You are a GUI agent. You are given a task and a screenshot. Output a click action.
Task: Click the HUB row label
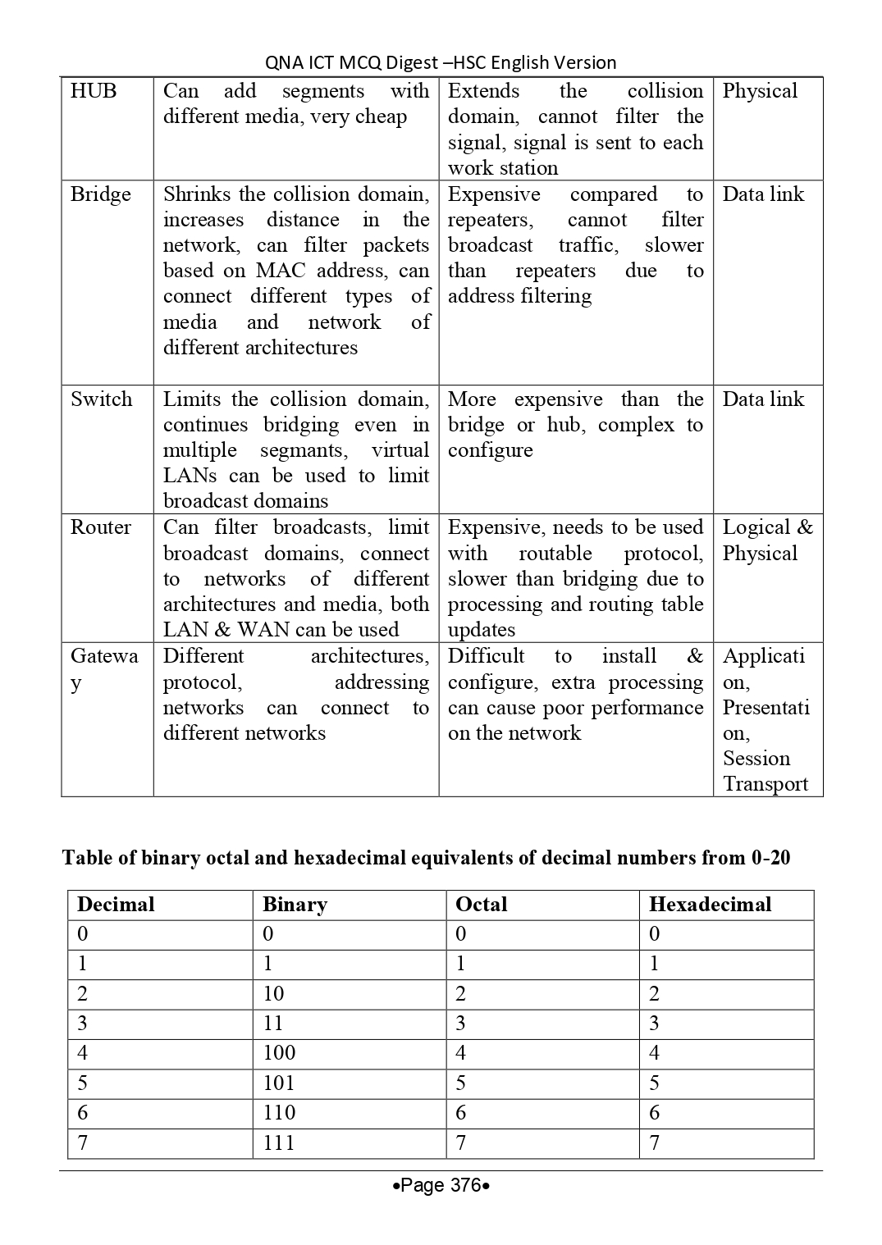pos(94,91)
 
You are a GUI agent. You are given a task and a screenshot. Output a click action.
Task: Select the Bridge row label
pos(101,194)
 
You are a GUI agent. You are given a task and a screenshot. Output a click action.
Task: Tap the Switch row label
pos(101,399)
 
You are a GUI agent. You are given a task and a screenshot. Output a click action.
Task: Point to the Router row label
pos(101,527)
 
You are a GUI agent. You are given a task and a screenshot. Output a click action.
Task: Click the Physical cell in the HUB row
pos(760,91)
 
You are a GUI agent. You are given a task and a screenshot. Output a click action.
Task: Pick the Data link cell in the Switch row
pos(763,399)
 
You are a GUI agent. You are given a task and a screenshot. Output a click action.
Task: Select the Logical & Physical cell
pos(767,540)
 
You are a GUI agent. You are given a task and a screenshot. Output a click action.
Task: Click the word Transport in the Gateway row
pos(765,784)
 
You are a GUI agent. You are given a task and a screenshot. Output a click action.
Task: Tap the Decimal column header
pos(116,905)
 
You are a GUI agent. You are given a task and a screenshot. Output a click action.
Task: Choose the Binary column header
pos(295,905)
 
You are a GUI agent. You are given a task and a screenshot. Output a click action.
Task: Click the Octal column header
pos(481,905)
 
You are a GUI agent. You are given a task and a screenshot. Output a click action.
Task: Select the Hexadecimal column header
pos(710,905)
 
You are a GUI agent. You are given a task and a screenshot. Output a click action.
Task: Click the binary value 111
pos(279,1143)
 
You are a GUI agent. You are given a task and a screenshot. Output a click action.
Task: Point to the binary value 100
pos(279,1053)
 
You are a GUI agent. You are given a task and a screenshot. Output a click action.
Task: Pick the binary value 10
pos(273,994)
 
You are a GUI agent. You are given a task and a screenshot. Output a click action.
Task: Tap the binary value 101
pos(279,1083)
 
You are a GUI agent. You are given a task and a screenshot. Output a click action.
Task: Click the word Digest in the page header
pos(411,62)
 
